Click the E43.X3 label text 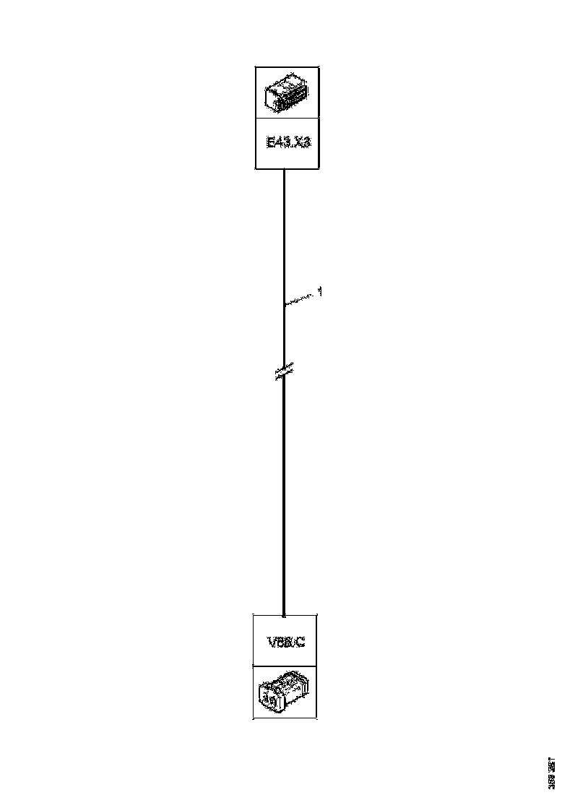tap(288, 143)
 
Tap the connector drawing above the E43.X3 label tap(288, 93)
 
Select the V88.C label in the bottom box tap(285, 641)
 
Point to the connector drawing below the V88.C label tap(285, 692)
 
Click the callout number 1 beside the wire tap(319, 292)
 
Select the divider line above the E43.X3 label tap(288, 118)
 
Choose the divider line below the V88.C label tap(285, 666)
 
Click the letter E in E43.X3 tap(269, 143)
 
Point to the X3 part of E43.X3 tap(303, 143)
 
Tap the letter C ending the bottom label tap(300, 641)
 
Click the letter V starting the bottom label tap(270, 641)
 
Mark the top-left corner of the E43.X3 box tap(256, 67)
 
